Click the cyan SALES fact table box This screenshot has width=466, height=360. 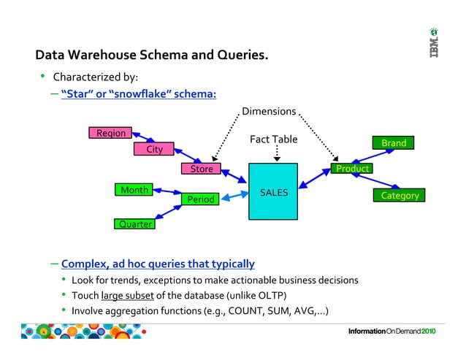pos(273,192)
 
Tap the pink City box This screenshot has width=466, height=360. pos(154,150)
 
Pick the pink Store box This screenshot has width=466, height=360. pos(202,169)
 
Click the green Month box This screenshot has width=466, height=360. pos(134,190)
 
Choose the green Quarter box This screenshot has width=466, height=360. pos(134,224)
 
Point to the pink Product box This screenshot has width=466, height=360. pos(351,169)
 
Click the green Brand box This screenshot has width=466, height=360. pos(394,143)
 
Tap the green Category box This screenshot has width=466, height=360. pos(400,196)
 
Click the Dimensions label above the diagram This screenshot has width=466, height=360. pos(269,112)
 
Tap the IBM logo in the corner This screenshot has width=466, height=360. pos(434,45)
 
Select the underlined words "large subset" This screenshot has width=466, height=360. pos(129,296)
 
